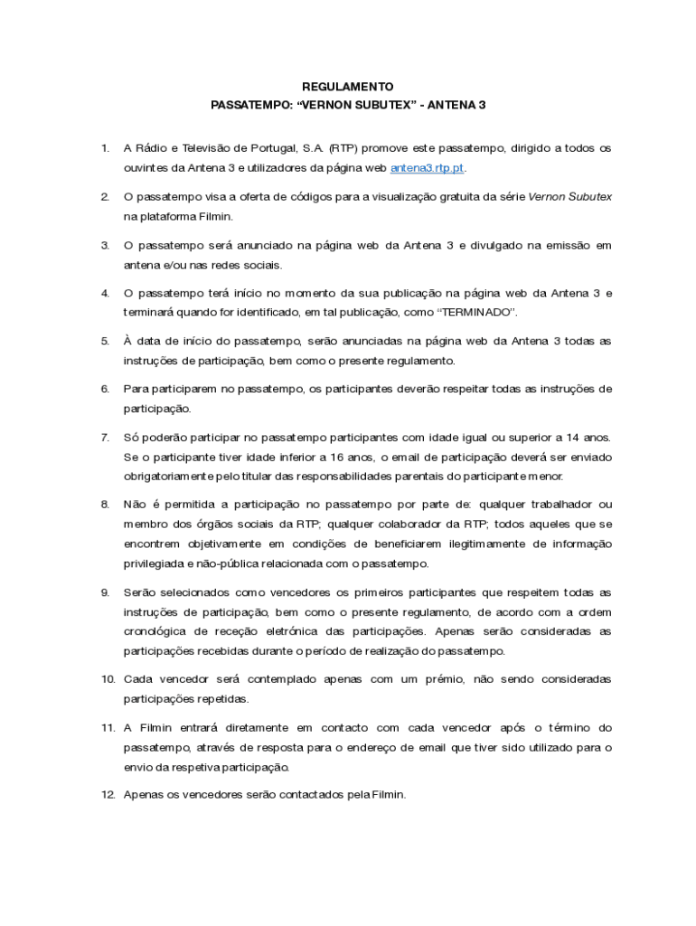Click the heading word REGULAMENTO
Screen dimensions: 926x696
pyautogui.click(x=348, y=87)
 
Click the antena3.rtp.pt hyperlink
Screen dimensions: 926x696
pyautogui.click(x=428, y=168)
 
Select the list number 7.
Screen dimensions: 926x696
pyautogui.click(x=105, y=437)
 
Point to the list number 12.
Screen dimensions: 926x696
pyautogui.click(x=108, y=795)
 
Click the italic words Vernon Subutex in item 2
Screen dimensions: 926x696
pyautogui.click(x=569, y=196)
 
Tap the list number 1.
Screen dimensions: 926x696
pyautogui.click(x=105, y=147)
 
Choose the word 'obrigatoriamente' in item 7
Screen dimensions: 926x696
pyautogui.click(x=169, y=477)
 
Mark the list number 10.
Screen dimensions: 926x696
pyautogui.click(x=108, y=679)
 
